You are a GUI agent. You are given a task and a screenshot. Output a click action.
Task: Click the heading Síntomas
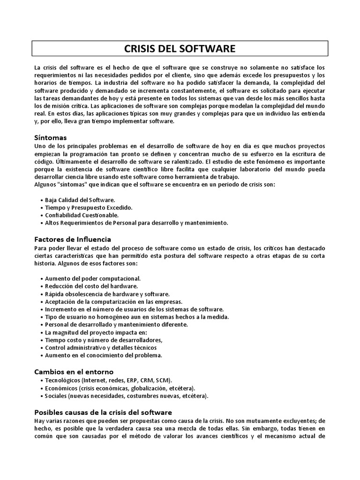[x=51, y=138]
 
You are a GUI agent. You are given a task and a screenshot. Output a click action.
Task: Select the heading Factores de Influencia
[x=73, y=240]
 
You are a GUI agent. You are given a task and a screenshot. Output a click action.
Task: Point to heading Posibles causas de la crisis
[x=104, y=412]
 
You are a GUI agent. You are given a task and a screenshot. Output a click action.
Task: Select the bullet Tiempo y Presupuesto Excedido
[x=88, y=208]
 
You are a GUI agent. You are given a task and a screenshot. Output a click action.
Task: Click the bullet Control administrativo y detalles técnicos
[x=101, y=348]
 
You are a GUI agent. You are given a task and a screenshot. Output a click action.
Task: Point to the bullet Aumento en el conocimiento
[x=103, y=355]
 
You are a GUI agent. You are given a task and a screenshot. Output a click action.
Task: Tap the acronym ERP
[x=132, y=380]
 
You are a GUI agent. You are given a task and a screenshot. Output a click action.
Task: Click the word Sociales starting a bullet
[x=56, y=396]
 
